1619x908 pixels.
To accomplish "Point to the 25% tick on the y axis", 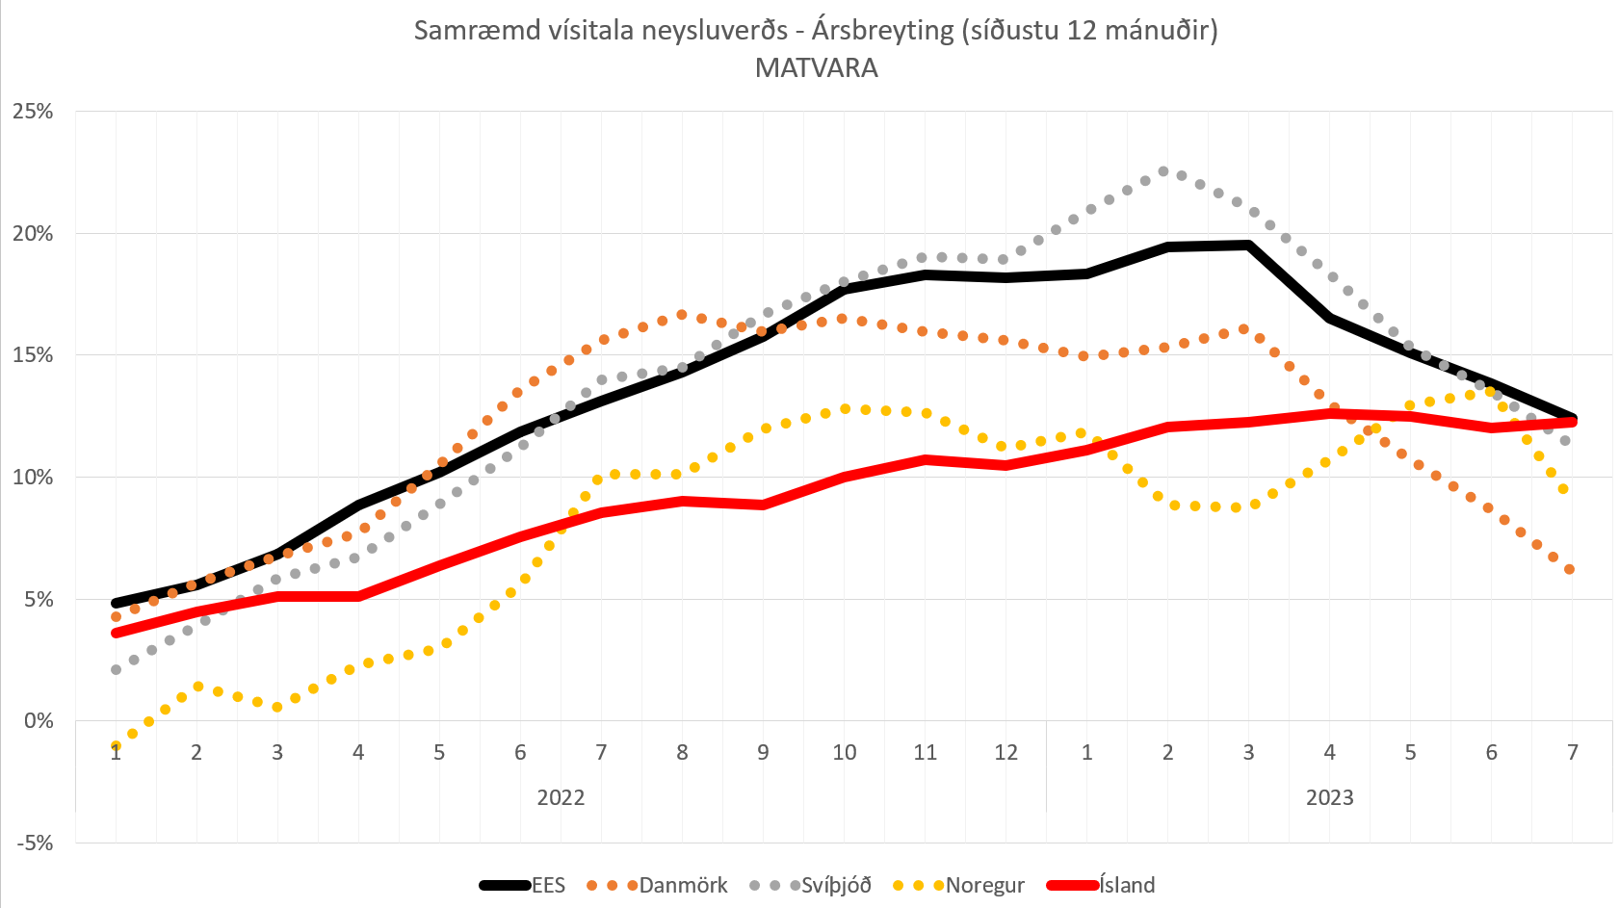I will click(x=33, y=112).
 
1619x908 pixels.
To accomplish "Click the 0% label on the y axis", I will click(x=39, y=721).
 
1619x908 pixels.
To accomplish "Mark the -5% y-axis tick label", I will click(x=35, y=843).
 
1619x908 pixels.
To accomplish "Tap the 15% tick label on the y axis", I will click(x=33, y=355).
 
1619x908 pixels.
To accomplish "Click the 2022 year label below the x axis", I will click(x=561, y=797).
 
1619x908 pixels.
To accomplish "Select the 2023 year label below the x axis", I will click(x=1329, y=797).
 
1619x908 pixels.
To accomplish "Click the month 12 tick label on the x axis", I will click(x=1005, y=753).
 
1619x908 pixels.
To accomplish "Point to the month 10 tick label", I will click(x=844, y=753).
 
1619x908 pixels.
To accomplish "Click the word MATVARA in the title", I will click(x=816, y=68).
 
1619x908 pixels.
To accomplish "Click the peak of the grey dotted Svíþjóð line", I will click(x=1162, y=171).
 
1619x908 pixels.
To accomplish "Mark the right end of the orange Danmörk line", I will click(x=1569, y=569).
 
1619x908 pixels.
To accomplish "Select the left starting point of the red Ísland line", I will click(x=117, y=633).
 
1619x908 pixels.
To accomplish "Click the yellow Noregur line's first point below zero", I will click(x=117, y=745).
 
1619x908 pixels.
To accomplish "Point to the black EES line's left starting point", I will click(x=117, y=603).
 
